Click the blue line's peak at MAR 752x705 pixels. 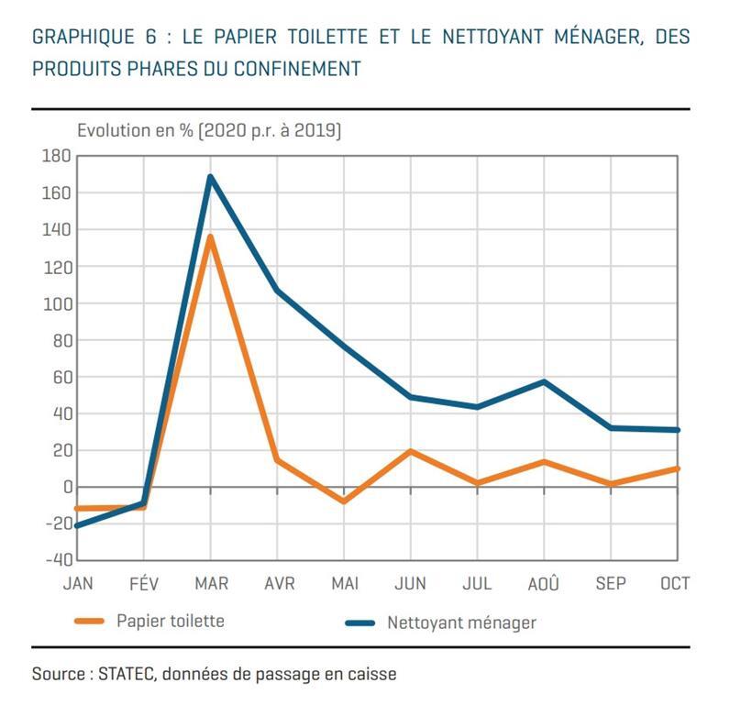coord(211,177)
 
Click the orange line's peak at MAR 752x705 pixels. coord(211,237)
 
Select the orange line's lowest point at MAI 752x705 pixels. coord(344,501)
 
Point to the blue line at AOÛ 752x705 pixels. coord(544,381)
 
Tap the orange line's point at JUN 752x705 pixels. coord(411,451)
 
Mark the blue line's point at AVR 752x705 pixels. coord(277,291)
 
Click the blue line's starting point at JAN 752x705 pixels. coord(78,525)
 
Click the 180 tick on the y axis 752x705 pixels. coord(56,157)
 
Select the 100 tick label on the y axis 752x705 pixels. coord(56,303)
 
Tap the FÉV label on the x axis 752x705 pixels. coord(144,584)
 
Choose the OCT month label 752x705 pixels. coord(675,584)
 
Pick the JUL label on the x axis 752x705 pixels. coord(477,584)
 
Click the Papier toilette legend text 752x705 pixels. coord(170,621)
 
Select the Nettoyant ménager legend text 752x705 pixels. coord(461,622)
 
